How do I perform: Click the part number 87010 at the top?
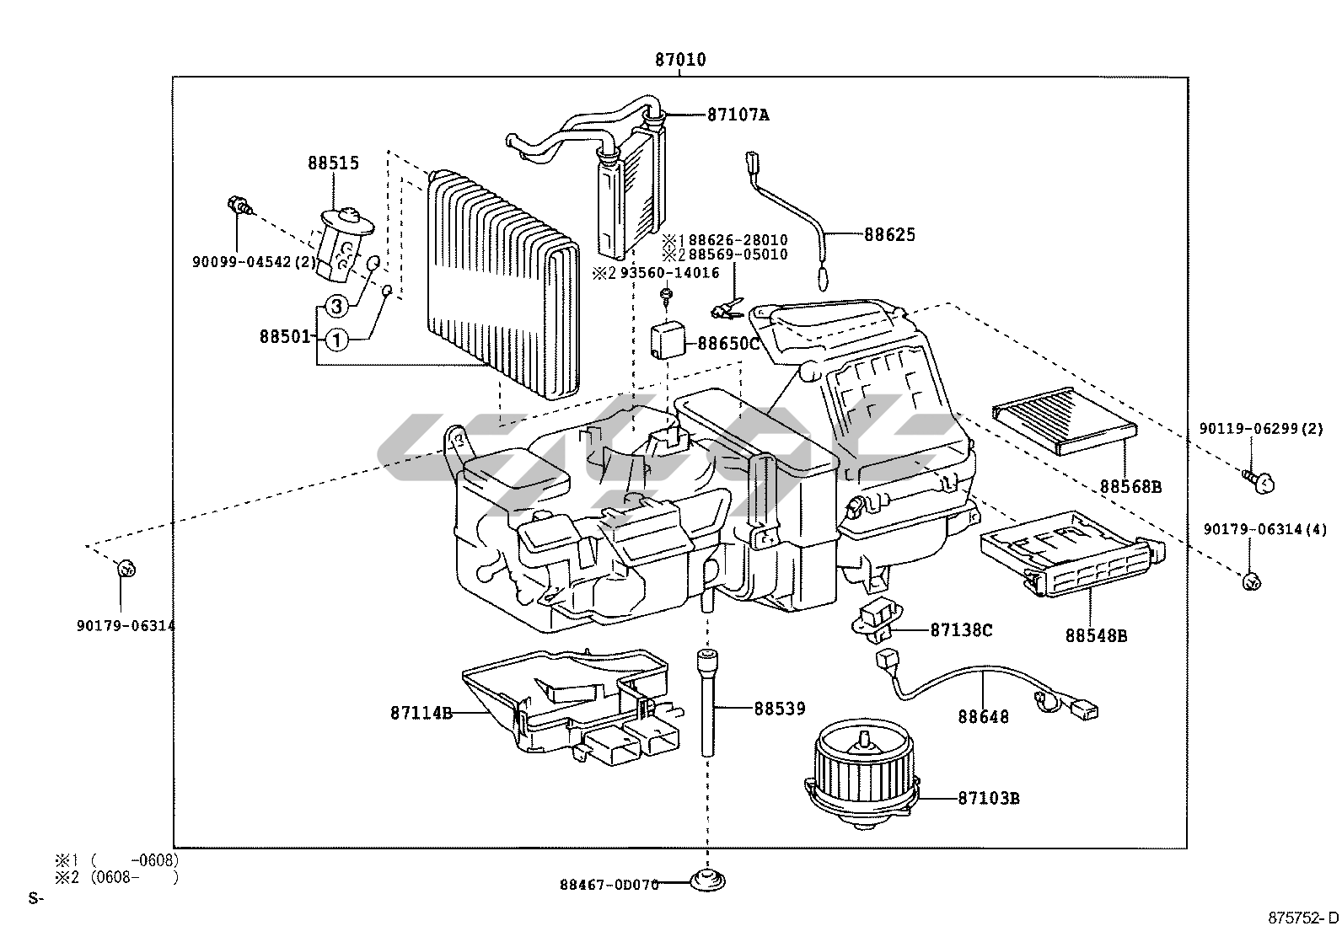680,60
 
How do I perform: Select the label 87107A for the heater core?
738,115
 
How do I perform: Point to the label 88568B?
1130,486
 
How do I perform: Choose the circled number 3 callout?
335,305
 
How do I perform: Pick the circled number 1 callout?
335,340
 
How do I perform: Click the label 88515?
332,163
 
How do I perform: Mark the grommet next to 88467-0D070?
707,881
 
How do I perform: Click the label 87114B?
421,713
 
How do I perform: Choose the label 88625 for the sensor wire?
888,234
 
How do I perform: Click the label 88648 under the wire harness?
983,717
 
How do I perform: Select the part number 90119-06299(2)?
1261,428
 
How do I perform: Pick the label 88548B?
1096,636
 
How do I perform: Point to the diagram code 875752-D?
1303,917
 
